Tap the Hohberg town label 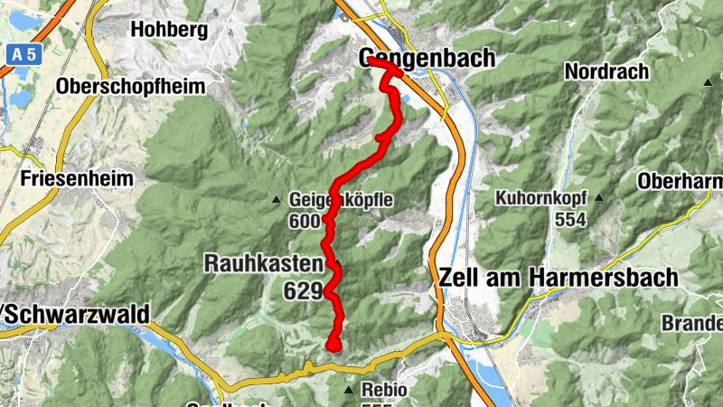[169, 29]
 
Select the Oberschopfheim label [130, 87]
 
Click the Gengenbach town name [427, 58]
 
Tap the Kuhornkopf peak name [541, 197]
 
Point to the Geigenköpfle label [341, 199]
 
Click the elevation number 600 [306, 221]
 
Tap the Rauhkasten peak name [263, 264]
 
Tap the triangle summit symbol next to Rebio [349, 391]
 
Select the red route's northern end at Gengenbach [370, 61]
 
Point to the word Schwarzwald [77, 313]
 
